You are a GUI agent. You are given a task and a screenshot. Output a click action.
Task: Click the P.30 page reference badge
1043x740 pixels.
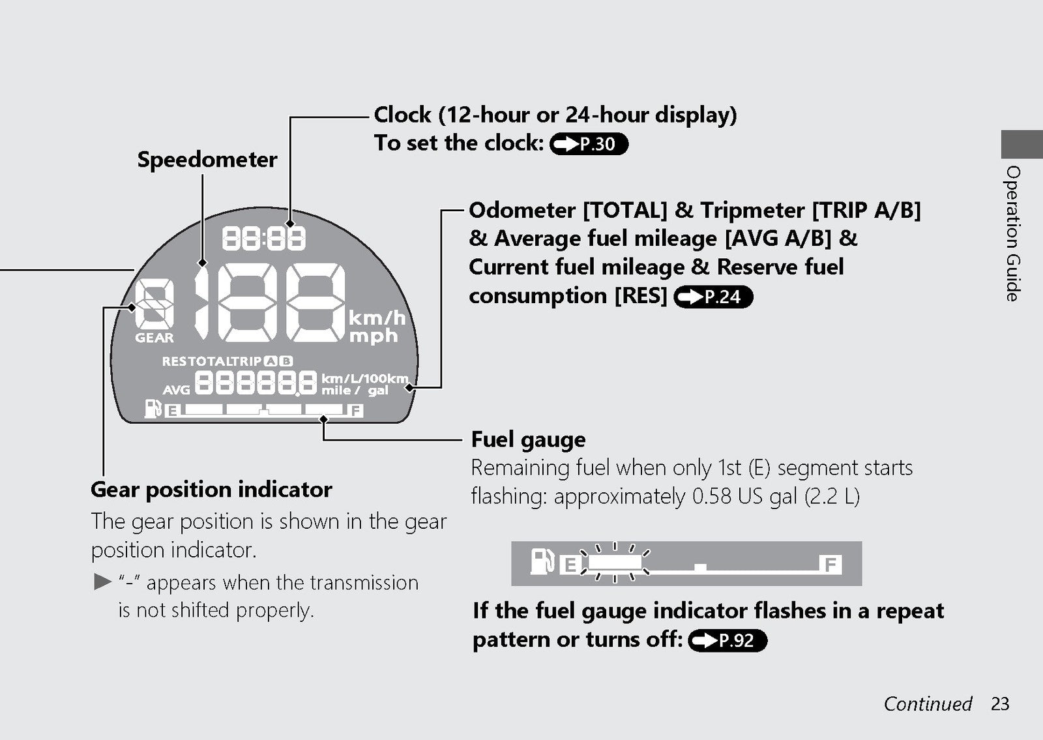(589, 144)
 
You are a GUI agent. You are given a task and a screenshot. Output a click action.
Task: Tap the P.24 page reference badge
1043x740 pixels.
(713, 297)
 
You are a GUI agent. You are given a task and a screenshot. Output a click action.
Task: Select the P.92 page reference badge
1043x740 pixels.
(727, 640)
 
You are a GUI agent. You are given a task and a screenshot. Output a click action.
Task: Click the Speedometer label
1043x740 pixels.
(207, 160)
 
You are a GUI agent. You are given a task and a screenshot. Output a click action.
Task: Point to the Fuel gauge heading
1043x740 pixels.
(529, 439)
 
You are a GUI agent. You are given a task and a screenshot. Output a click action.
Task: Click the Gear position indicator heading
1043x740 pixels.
(211, 490)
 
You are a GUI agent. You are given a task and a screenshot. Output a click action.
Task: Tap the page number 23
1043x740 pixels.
(1000, 703)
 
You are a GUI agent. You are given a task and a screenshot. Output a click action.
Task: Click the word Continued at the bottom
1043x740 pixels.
(928, 703)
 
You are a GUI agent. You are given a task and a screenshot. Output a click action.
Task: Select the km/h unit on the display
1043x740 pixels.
(377, 318)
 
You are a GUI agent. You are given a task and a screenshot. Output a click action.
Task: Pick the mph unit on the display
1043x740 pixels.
(374, 336)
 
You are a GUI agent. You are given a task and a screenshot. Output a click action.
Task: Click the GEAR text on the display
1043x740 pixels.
(154, 338)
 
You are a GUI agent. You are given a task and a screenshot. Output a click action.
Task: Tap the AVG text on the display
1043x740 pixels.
(177, 390)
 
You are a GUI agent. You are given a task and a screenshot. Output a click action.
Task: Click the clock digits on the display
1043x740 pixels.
(264, 239)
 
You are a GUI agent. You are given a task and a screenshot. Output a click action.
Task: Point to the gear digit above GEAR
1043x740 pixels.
(154, 304)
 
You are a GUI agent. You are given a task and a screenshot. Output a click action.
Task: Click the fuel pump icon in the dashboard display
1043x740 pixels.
(153, 408)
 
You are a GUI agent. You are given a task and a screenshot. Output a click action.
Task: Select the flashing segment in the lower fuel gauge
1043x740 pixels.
(615, 562)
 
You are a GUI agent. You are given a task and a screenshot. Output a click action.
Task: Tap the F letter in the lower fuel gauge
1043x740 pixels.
(830, 565)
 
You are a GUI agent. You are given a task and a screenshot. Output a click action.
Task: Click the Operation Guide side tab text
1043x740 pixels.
(1013, 234)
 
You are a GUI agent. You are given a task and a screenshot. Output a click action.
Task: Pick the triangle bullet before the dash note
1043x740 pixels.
(102, 582)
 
